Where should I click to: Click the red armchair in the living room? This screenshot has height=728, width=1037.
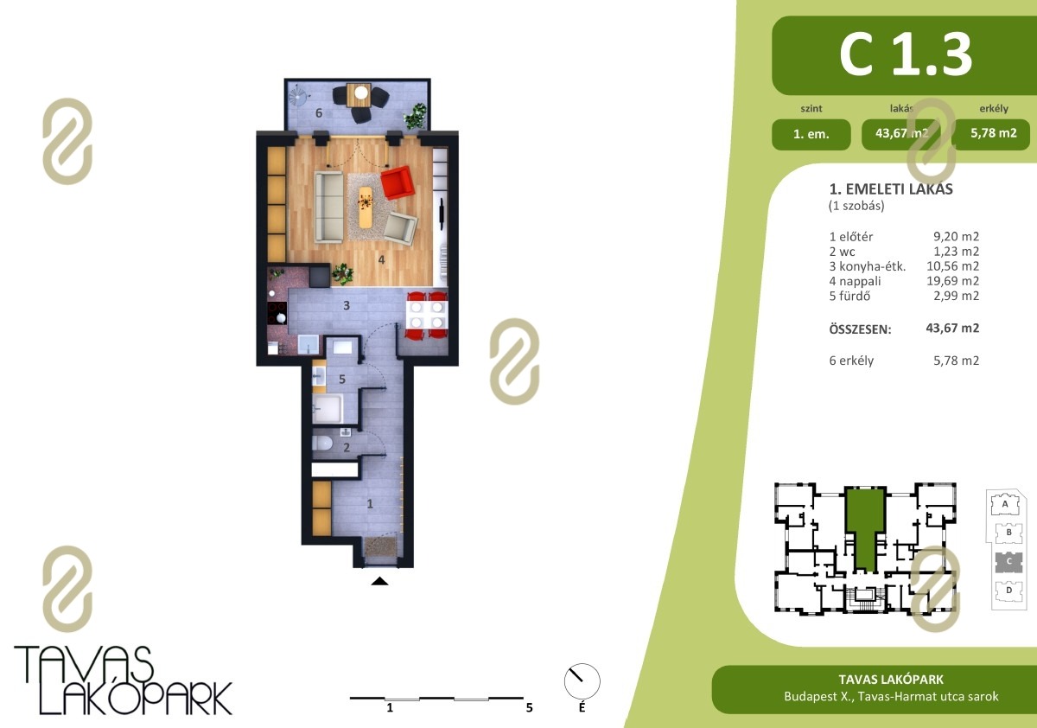pos(398,182)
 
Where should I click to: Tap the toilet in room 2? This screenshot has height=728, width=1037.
pos(322,444)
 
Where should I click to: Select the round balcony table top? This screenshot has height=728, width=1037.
pos(361,93)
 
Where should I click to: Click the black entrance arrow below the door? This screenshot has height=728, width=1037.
pos(379,581)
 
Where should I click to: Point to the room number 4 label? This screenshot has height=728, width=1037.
pos(381,259)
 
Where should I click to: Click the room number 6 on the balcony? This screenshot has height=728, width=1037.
pos(319,112)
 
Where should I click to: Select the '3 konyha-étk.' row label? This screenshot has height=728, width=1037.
pos(867,266)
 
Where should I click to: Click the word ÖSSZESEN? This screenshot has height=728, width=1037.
pos(860,329)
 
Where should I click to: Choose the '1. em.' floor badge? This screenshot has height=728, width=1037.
pos(811,134)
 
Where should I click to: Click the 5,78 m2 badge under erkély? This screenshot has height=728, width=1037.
pos(994,133)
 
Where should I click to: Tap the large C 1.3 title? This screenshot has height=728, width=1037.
pos(906,55)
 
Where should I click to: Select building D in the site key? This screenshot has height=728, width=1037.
pos(1008,591)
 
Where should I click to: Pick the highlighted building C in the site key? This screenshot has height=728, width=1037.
pos(1008,562)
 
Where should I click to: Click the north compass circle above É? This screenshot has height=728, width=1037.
pos(582,680)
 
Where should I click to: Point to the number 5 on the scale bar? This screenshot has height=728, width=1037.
pos(529,707)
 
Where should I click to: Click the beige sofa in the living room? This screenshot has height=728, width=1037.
pos(329,207)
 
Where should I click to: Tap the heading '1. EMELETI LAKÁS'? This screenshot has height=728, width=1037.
pos(891,189)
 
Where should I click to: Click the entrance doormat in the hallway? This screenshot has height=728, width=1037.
pos(380,546)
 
